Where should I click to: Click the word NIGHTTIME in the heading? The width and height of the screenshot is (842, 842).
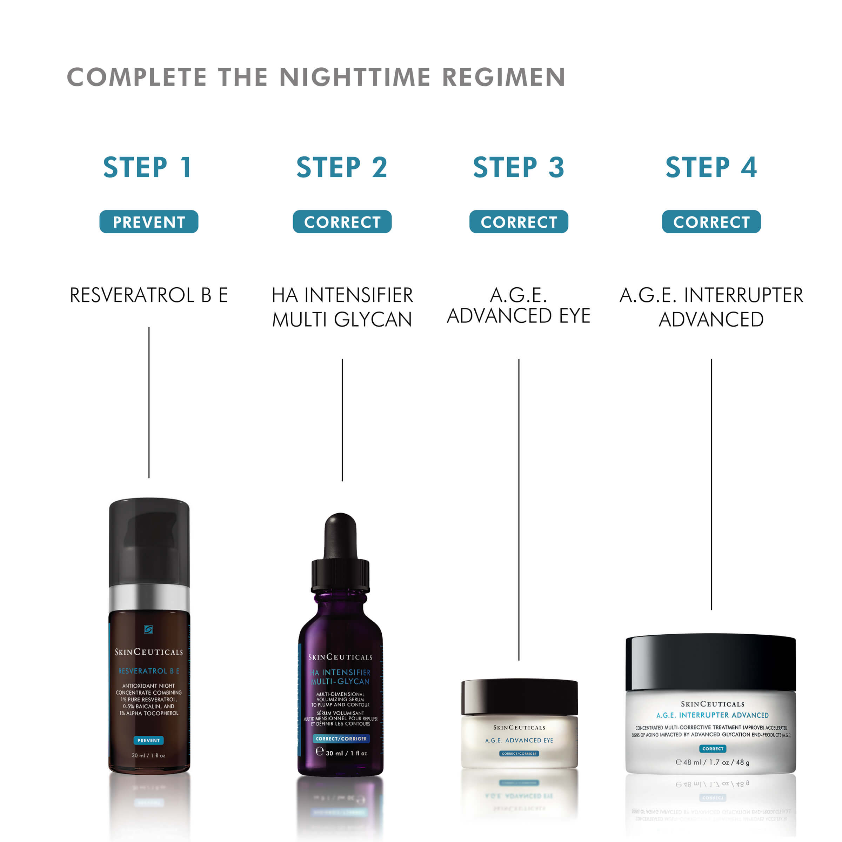pos(355,77)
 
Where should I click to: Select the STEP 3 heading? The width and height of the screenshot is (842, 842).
pos(519,167)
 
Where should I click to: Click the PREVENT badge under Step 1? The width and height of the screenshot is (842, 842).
pos(149,222)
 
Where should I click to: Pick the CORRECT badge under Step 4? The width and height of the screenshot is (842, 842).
pos(711,222)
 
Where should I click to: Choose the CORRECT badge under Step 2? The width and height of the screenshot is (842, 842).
pos(342,222)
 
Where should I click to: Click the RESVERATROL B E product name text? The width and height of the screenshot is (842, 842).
pos(149,295)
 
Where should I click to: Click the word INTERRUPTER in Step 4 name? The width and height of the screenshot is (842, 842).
pos(743,295)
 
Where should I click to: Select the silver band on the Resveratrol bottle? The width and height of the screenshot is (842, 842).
pos(149,598)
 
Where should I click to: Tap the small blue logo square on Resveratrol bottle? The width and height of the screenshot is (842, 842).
pos(148,629)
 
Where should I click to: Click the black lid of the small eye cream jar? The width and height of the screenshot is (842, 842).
pos(519,696)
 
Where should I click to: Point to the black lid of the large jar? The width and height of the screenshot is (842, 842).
pos(710,662)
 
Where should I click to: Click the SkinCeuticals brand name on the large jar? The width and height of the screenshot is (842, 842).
pos(713,704)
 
